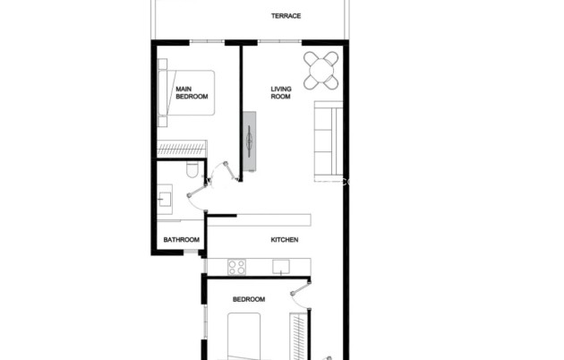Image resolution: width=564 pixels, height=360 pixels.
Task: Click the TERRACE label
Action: click(286, 16)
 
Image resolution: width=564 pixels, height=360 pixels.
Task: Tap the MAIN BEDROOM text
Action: click(192, 92)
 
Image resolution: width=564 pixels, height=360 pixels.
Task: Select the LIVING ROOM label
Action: click(281, 92)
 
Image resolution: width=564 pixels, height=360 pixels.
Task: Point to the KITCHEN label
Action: click(285, 240)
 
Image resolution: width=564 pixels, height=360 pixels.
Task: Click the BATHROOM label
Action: click(181, 240)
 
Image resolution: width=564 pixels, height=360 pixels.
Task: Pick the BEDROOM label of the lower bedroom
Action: click(248, 299)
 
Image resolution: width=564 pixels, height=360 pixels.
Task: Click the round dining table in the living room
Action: click(321, 70)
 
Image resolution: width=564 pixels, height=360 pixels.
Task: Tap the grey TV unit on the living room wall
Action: click(251, 141)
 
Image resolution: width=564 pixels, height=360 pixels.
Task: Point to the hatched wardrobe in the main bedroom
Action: click(182, 149)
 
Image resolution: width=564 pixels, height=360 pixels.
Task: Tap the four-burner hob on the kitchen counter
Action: click(236, 266)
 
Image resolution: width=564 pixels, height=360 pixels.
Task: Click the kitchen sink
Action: click(282, 266)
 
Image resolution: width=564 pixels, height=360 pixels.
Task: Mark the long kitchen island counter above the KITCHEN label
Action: click(260, 219)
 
